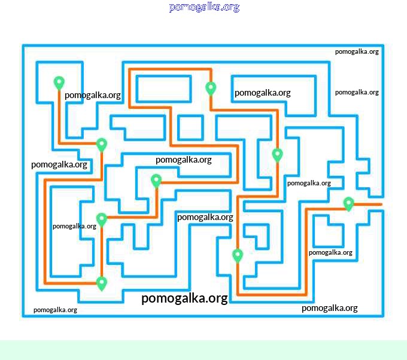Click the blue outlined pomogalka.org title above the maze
204,7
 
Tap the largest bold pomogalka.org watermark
184,298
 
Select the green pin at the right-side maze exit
348,204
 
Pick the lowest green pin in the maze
102,283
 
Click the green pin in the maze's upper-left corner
59,83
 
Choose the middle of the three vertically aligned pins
102,219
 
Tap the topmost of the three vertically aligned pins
102,145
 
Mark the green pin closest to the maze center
156,180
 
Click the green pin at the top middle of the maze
211,88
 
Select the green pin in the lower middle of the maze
238,255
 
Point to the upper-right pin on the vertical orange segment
277,155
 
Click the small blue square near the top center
191,127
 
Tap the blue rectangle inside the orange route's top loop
163,89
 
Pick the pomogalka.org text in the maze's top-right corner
357,51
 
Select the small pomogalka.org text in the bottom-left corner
55,310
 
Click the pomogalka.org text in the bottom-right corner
329,308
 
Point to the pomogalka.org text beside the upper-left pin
93,95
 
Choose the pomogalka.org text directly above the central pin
183,160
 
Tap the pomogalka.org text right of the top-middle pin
262,93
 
